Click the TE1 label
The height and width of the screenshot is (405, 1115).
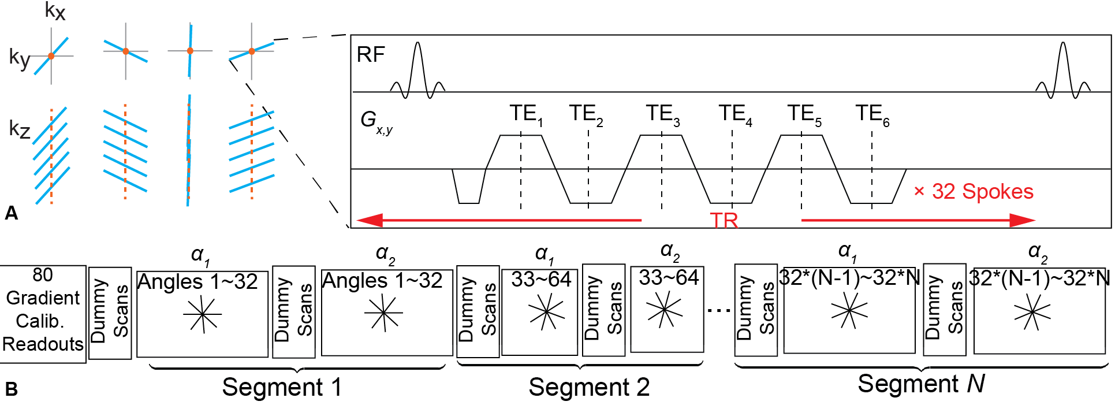pos(525,114)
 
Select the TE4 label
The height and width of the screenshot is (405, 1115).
pos(734,114)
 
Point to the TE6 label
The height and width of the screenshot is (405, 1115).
pos(872,114)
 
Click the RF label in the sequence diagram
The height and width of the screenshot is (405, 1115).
pos(371,55)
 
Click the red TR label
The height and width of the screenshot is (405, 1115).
pos(724,221)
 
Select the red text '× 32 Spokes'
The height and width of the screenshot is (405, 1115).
pos(974,191)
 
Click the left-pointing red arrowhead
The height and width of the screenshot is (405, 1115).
pos(370,220)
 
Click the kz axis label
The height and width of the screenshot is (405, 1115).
pos(20,129)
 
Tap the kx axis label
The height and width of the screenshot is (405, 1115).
pos(55,11)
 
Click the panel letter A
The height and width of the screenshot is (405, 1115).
pos(11,213)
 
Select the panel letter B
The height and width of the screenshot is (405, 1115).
pos(11,389)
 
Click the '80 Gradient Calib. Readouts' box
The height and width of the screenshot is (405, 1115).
pos(43,314)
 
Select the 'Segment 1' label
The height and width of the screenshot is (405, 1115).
pos(282,387)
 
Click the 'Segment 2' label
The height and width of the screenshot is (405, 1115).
pos(589,387)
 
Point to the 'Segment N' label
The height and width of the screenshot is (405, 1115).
pos(921,384)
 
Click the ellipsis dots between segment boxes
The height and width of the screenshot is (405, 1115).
pos(719,310)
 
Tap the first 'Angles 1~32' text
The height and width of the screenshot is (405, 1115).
pos(197,282)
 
